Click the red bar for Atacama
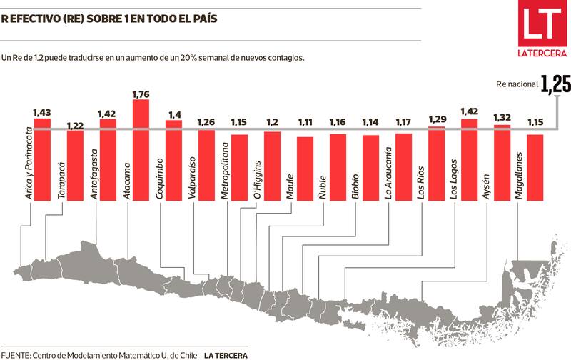coord(141,150)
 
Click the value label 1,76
coord(141,94)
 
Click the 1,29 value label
coord(437,119)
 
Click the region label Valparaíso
coord(193,175)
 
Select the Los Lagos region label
coord(455,176)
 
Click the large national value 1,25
coord(555,85)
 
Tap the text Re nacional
coord(518,84)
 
